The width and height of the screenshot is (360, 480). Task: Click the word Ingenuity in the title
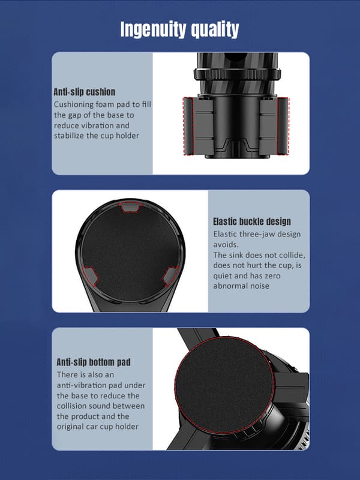tap(154, 29)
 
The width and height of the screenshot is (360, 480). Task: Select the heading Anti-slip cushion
tap(85, 92)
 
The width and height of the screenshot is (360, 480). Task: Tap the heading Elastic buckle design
tap(252, 221)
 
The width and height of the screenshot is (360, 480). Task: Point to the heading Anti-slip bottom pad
tap(94, 362)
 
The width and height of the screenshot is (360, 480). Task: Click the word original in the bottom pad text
tap(70, 427)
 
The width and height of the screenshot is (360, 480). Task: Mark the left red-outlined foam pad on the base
tap(188, 126)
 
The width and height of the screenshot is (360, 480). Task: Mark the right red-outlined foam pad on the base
tap(283, 126)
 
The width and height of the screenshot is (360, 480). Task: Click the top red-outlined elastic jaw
tap(130, 207)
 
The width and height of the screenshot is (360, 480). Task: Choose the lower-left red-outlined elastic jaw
tap(90, 277)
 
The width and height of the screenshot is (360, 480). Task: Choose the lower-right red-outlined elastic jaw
tap(170, 277)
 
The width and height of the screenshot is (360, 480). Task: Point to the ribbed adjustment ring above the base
tap(237, 74)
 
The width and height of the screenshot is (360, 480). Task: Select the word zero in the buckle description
tap(272, 276)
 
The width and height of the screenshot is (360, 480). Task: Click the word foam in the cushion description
tap(105, 104)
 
